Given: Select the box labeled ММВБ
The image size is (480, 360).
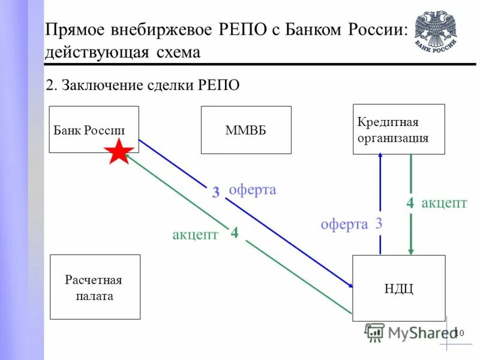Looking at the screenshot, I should (x=245, y=130).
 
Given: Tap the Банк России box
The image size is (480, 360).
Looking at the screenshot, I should (x=93, y=129).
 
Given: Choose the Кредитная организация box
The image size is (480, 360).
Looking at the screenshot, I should (x=398, y=129).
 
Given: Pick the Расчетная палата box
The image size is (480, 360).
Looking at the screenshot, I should (x=95, y=287).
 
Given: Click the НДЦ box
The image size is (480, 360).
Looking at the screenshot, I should (x=398, y=288).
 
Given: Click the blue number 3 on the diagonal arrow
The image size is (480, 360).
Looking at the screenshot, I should (x=215, y=193).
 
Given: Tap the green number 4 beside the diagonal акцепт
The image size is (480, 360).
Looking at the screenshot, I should (x=235, y=232).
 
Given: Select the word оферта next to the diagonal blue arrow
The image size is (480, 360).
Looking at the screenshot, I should (x=253, y=190).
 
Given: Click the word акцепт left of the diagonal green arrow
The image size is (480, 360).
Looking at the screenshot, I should (x=195, y=235).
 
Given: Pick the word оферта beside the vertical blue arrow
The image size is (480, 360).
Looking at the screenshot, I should (x=344, y=224).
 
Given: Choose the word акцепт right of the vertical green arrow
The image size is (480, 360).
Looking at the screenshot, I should (x=444, y=203).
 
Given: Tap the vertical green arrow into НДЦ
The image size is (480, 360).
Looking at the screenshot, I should (x=410, y=204).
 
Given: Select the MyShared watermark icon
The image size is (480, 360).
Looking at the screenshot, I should (x=375, y=332).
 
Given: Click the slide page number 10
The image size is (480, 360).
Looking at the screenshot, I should (x=460, y=332).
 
